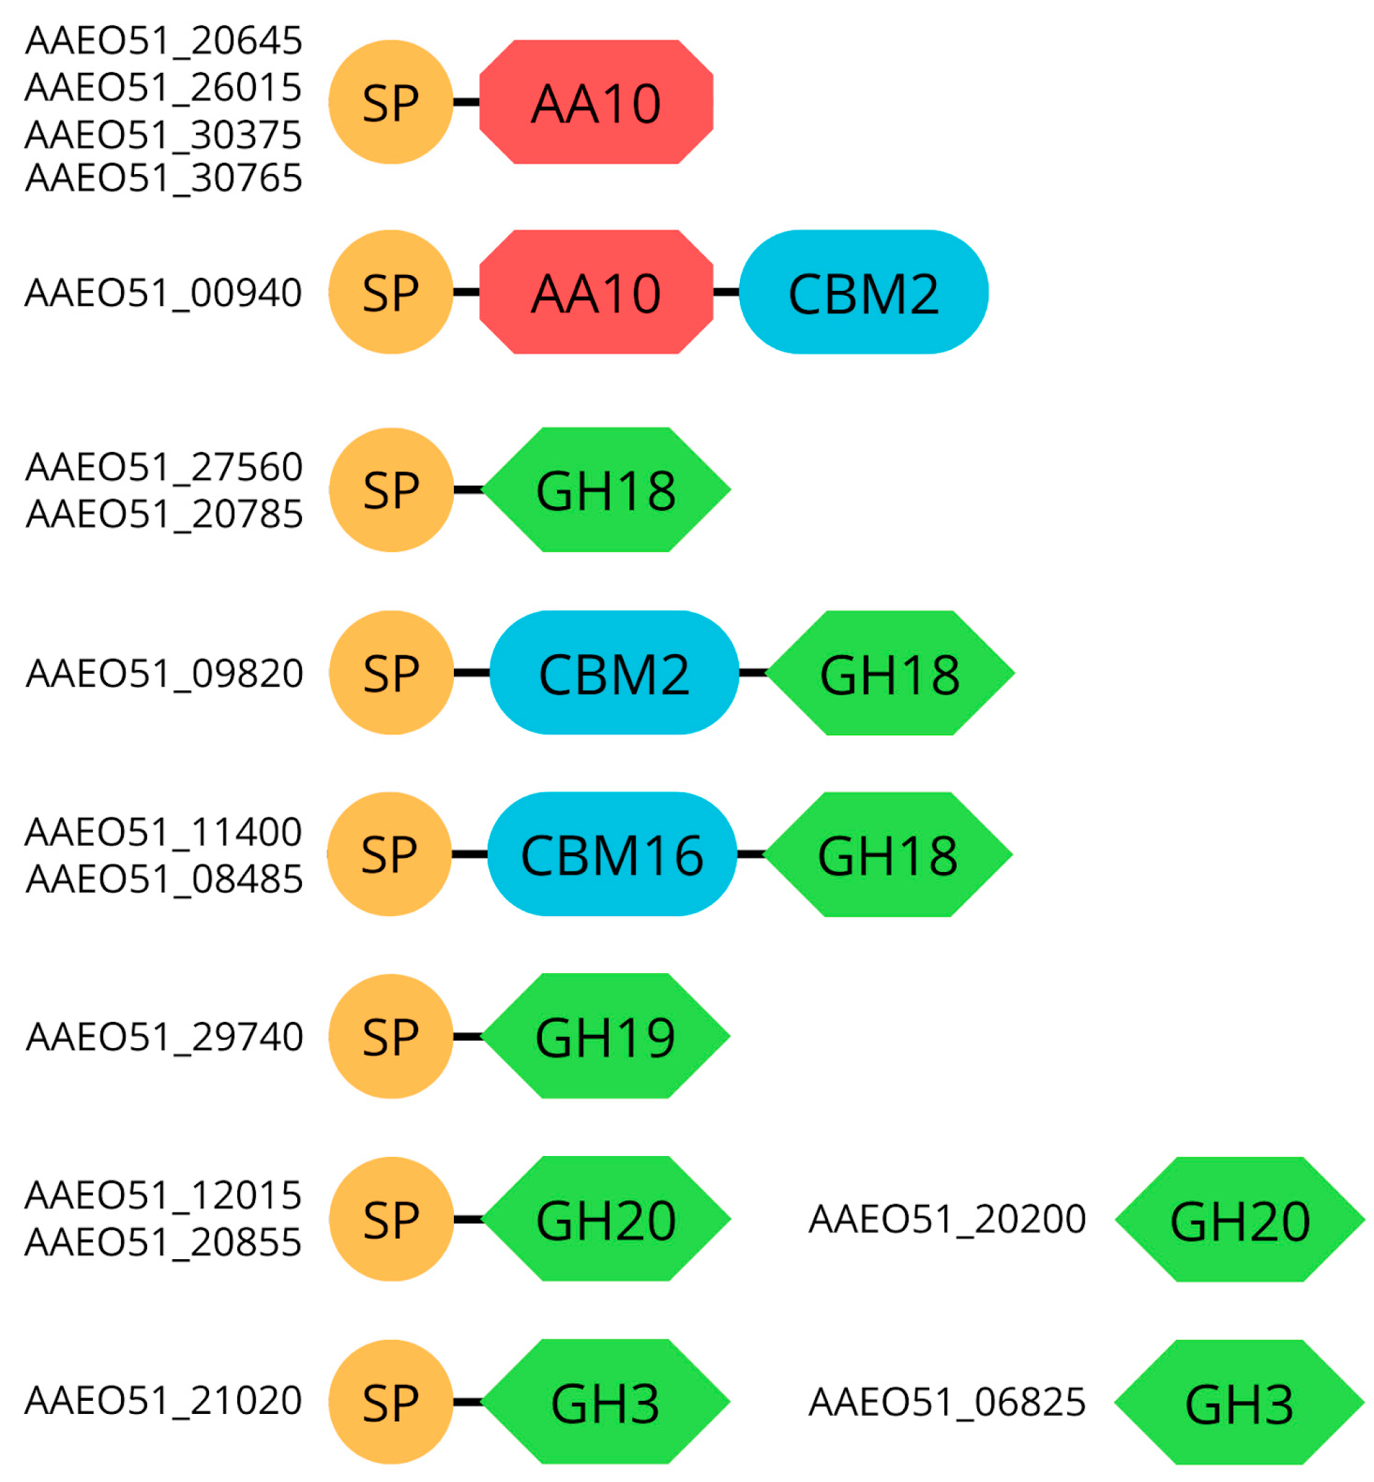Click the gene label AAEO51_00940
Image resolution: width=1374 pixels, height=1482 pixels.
(x=164, y=292)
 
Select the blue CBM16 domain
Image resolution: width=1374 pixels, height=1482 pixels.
(x=612, y=854)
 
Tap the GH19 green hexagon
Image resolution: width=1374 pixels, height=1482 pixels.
(x=606, y=1036)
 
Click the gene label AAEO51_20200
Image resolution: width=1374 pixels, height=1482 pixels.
(x=947, y=1219)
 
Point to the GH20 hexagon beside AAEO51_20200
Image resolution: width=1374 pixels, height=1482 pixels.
(x=1239, y=1219)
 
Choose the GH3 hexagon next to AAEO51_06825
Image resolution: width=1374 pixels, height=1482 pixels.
(x=1239, y=1402)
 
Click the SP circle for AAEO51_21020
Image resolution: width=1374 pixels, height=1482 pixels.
(x=391, y=1402)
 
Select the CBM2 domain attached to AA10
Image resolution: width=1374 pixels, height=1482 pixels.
(x=863, y=292)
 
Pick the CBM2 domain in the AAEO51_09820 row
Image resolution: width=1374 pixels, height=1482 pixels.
(x=614, y=673)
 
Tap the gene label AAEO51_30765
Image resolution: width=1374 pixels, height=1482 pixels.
(x=164, y=179)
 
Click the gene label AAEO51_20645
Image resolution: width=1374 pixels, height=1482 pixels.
(x=164, y=40)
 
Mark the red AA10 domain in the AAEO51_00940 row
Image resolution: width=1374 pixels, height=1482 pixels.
(x=596, y=292)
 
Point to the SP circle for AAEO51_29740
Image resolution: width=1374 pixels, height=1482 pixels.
(x=391, y=1036)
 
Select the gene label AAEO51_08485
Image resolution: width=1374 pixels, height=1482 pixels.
(x=164, y=879)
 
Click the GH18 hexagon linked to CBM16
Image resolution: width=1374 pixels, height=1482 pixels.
(x=888, y=854)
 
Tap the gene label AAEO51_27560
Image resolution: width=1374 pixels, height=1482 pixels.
(x=164, y=467)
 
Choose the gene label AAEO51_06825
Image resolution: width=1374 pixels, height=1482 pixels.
(x=947, y=1402)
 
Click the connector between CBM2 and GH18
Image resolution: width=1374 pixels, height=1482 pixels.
(x=752, y=673)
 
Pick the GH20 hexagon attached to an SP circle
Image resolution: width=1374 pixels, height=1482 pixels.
(x=606, y=1219)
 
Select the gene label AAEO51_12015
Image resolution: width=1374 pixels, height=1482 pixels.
(x=164, y=1196)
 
